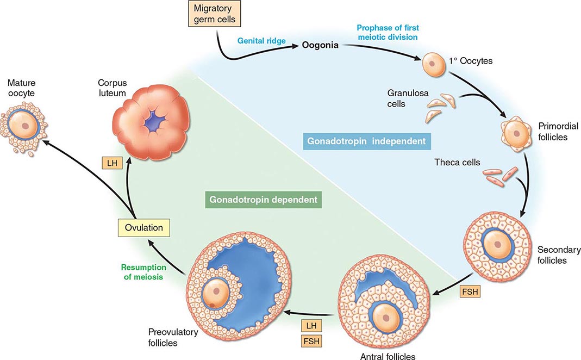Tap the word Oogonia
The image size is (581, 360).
point(320,45)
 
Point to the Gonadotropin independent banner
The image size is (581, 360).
point(366,141)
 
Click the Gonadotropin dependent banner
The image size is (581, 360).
point(261,200)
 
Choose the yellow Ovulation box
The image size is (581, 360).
point(143,227)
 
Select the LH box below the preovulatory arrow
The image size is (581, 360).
point(310,326)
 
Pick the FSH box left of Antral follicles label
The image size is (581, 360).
point(310,342)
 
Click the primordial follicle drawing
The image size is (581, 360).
point(516,133)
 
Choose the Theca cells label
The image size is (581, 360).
point(457,162)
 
